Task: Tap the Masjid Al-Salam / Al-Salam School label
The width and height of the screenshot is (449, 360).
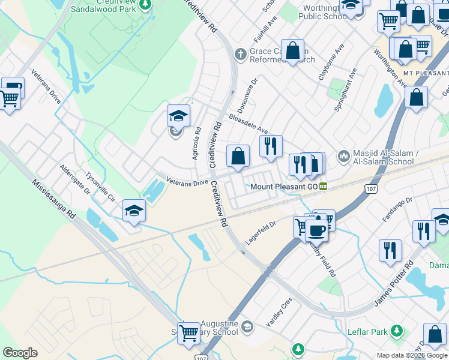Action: pos(385,158)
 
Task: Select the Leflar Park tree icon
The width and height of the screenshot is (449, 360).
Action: pos(396,331)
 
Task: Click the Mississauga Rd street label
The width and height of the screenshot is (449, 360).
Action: pos(53,200)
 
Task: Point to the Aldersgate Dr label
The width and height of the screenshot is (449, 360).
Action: pos(74,179)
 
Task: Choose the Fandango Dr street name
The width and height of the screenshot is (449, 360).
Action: pos(397,209)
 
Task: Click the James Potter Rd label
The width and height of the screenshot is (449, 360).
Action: pos(394,282)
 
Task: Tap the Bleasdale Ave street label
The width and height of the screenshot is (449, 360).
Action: pos(248,122)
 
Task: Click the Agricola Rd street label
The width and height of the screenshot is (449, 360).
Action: pos(196,143)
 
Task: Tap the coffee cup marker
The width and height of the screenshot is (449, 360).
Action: pos(316,230)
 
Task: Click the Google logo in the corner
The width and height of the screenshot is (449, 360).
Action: pos(20,353)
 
